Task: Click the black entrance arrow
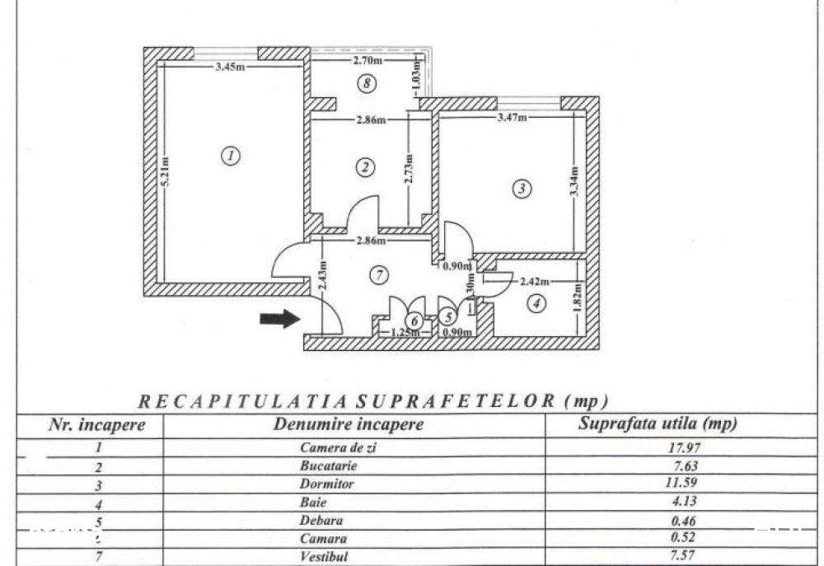[x=279, y=320]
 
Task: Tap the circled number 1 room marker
[x=232, y=154]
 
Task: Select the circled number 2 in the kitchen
[x=365, y=166]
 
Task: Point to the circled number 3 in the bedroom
[x=522, y=189]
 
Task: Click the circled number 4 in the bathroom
[x=536, y=303]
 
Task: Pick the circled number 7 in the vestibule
[x=377, y=275]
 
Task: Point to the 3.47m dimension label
[x=513, y=119]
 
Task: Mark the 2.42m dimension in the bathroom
[x=534, y=281]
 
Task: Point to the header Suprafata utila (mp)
[x=658, y=424]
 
